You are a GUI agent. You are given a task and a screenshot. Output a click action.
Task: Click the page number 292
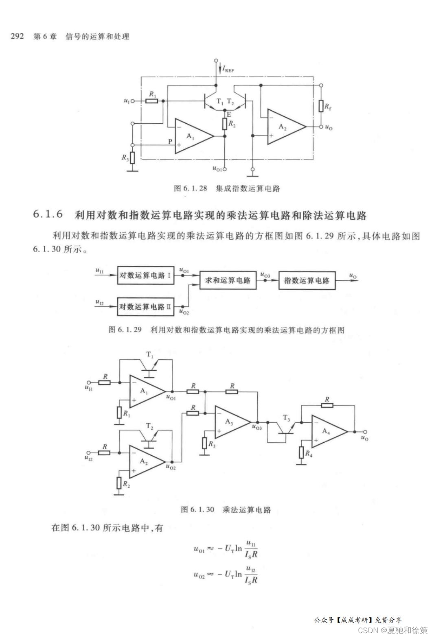pyautogui.click(x=17, y=37)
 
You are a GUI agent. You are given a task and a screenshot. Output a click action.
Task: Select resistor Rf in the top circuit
pyautogui.click(x=321, y=107)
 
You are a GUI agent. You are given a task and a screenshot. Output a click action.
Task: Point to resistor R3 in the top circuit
pyautogui.click(x=132, y=157)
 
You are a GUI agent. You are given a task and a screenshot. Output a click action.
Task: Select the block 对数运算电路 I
pyautogui.click(x=145, y=275)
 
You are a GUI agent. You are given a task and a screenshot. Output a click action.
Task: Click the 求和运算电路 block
pyautogui.click(x=228, y=280)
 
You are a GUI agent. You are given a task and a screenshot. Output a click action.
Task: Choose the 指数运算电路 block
pyautogui.click(x=307, y=280)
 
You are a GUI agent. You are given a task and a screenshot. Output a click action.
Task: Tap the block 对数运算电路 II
pyautogui.click(x=145, y=306)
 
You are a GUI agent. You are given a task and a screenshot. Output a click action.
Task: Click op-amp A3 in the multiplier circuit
pyautogui.click(x=229, y=422)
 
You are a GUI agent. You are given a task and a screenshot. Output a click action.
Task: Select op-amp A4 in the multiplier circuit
pyautogui.click(x=326, y=432)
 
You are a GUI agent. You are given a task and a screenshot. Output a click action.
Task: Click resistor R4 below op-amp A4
pyautogui.click(x=301, y=452)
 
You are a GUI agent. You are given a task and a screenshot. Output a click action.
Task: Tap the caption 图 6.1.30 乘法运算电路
pyautogui.click(x=226, y=509)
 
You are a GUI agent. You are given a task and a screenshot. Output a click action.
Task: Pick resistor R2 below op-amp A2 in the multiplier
pyautogui.click(x=119, y=483)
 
